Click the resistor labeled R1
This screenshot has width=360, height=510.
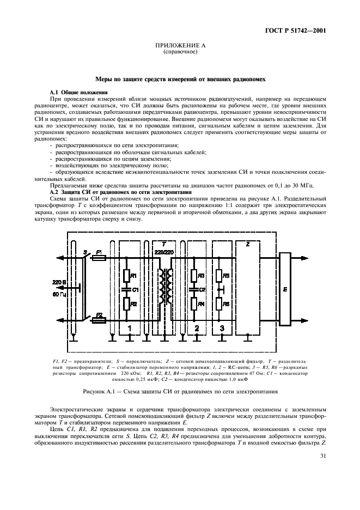(x=127, y=275)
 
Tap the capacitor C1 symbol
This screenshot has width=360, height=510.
(x=127, y=289)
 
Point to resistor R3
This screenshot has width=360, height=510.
(x=194, y=275)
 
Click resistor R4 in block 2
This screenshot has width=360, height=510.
(x=194, y=304)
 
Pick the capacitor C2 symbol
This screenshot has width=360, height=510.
(x=194, y=289)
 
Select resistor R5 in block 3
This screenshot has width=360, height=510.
(x=219, y=276)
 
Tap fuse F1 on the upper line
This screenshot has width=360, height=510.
(x=99, y=256)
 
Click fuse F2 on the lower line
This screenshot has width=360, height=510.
(x=99, y=321)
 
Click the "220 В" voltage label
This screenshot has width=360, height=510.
(x=60, y=282)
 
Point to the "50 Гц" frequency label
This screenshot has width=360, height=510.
(x=60, y=294)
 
